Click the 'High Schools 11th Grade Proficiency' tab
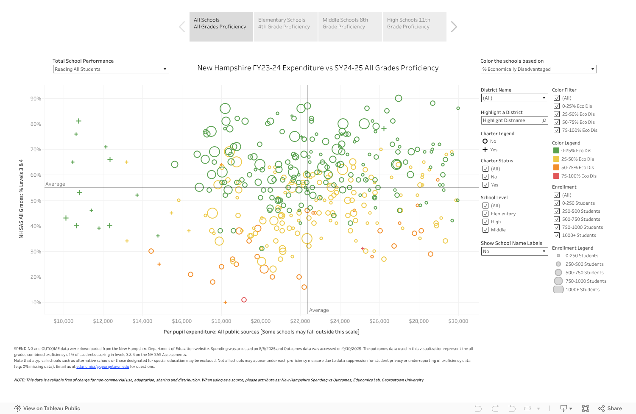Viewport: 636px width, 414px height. [x=414, y=26]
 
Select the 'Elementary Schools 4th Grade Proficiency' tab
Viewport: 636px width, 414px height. [x=285, y=26]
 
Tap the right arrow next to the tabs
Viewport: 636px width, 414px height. [x=454, y=27]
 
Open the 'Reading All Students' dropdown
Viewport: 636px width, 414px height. [x=111, y=69]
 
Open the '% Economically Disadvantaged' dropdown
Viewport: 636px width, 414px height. [x=538, y=69]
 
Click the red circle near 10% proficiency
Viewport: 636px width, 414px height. [x=244, y=300]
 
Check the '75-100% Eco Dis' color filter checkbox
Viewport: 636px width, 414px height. [x=557, y=130]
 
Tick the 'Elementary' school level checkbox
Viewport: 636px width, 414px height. [x=485, y=214]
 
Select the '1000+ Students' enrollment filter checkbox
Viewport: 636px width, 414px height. [x=557, y=235]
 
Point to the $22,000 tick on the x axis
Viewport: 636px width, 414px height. [x=300, y=321]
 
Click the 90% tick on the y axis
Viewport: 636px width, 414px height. [x=36, y=99]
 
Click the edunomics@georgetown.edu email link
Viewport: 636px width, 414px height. [x=103, y=367]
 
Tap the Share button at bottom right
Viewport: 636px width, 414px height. [x=610, y=408]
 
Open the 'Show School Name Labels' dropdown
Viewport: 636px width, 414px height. [x=514, y=251]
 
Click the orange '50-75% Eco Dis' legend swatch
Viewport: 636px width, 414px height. [x=556, y=167]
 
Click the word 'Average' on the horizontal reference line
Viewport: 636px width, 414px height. [x=55, y=184]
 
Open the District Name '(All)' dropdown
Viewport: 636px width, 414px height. [x=514, y=98]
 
